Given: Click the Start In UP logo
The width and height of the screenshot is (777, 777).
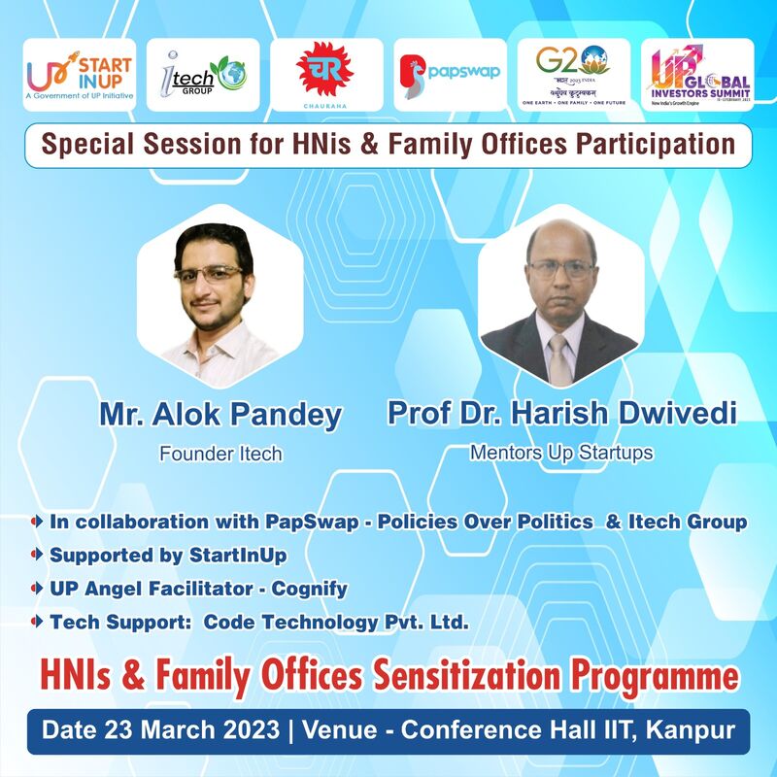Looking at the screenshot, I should (80, 74).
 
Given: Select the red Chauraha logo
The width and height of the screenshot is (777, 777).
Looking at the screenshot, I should (326, 74).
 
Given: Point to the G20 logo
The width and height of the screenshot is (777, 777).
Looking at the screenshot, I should (574, 74).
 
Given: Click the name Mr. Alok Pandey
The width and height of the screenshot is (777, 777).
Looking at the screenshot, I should (220, 415).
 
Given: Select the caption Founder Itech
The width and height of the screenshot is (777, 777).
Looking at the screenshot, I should (220, 454).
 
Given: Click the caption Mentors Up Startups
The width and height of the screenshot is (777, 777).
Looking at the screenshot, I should (562, 452).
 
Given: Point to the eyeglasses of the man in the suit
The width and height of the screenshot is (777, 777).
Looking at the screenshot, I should (561, 269).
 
